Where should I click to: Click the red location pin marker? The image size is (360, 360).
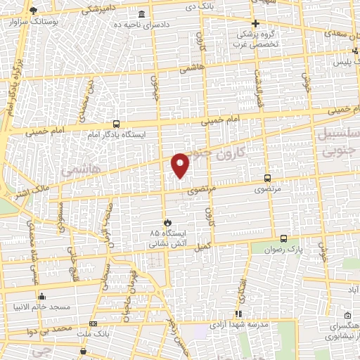click(x=181, y=164)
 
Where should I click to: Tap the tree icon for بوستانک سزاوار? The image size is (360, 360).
click(x=32, y=10)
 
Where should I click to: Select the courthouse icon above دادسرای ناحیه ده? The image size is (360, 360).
click(x=142, y=15)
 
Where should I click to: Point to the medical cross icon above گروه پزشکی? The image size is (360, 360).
click(x=256, y=23)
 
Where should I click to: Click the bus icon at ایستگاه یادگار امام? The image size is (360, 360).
click(x=116, y=122)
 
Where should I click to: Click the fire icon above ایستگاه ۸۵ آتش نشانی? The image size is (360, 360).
click(x=167, y=221)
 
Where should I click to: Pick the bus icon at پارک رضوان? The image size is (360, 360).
click(x=283, y=238)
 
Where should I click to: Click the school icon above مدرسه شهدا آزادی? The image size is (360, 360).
click(x=238, y=314)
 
